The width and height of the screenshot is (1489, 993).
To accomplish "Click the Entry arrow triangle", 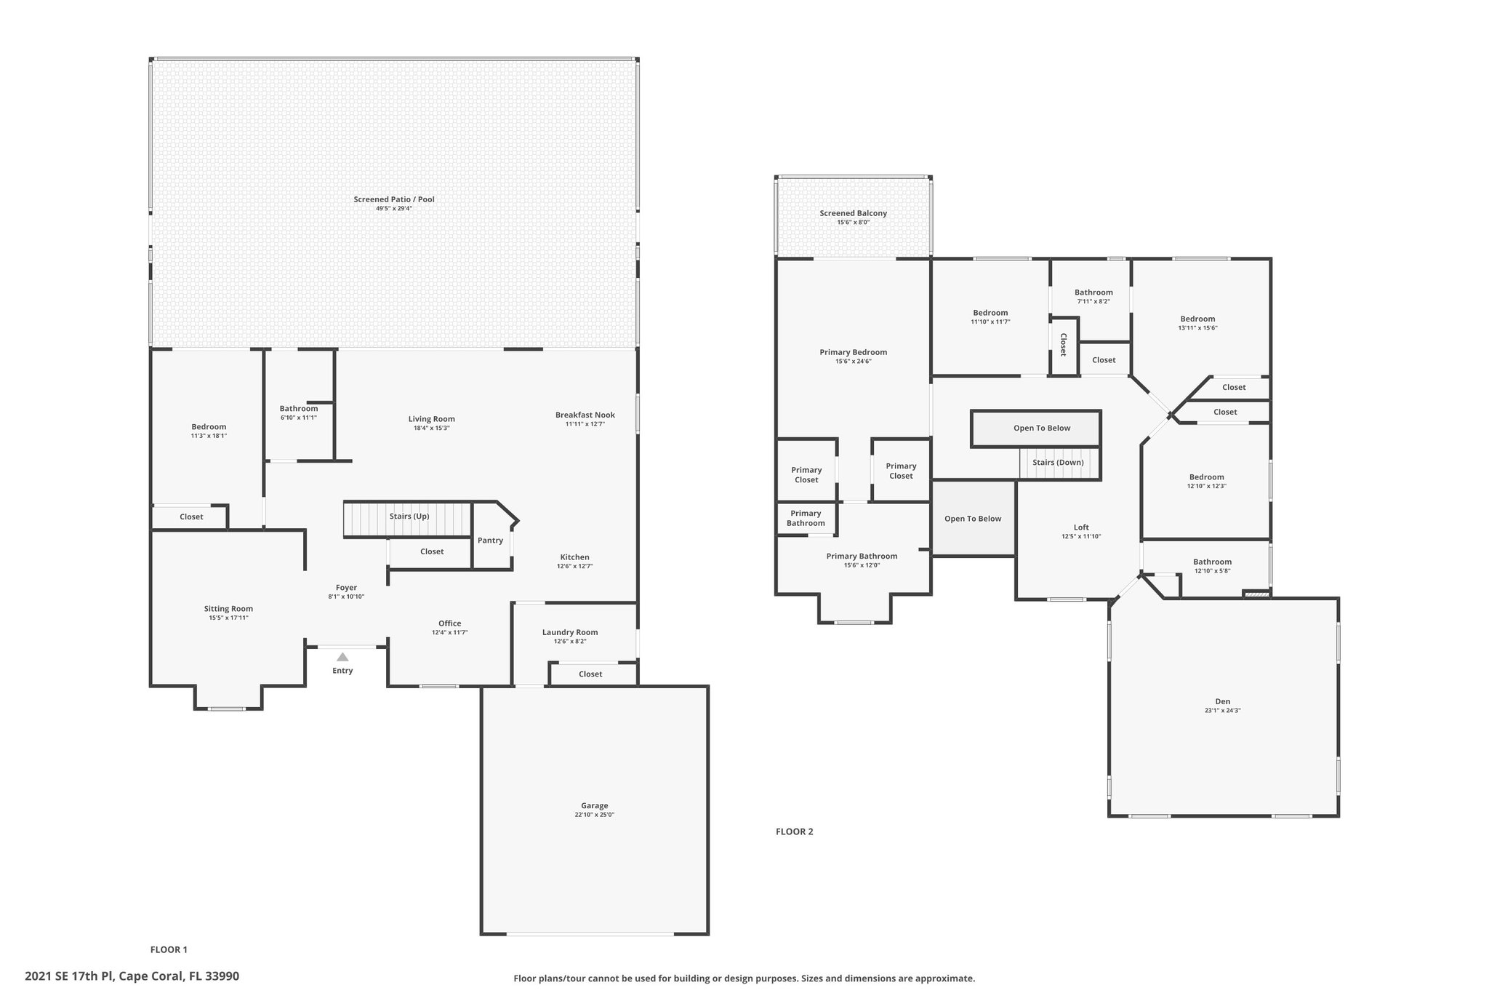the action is [x=342, y=657].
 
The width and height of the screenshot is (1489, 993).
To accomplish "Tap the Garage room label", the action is [x=595, y=805].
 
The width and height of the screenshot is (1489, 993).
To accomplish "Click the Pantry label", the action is [x=491, y=541].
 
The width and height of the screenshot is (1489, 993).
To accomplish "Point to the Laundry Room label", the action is [x=570, y=632].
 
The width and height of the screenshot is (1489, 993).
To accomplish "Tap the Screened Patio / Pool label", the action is [x=394, y=199].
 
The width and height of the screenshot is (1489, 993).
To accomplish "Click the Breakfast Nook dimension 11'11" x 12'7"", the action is [x=585, y=423].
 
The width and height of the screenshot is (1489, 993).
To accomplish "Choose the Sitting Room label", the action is [x=228, y=609].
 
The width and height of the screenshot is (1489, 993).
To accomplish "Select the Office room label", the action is [x=450, y=623].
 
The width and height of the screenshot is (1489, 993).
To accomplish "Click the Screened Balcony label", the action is [x=854, y=213].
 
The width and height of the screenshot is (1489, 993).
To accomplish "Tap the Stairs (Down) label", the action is [x=1058, y=463].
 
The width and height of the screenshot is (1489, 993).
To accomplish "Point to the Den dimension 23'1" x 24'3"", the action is [x=1223, y=711].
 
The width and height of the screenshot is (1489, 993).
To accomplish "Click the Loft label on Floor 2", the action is [x=1082, y=527].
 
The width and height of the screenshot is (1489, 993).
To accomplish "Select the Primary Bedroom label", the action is [x=854, y=352].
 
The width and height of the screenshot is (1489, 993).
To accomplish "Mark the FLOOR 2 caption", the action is [x=795, y=832].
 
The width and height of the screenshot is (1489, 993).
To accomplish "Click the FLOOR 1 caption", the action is [x=169, y=949].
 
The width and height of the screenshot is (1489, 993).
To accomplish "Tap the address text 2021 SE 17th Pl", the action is [x=69, y=976].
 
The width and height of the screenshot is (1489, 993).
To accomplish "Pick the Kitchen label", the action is [x=575, y=557].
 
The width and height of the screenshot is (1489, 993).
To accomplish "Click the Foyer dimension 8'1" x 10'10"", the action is [x=346, y=597].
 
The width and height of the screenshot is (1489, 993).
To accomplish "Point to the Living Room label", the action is [x=432, y=419].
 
